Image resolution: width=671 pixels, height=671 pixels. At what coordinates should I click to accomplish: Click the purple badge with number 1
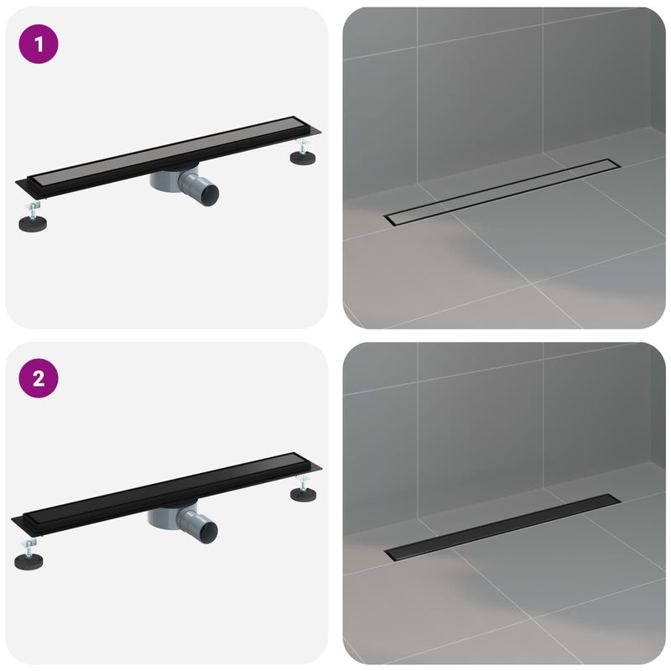point(39,44)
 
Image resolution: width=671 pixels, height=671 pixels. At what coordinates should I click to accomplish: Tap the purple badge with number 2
point(39,380)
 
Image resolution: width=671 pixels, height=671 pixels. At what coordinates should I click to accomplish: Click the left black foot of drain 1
point(34,224)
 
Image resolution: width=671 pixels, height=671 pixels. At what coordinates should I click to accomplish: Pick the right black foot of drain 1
point(303,157)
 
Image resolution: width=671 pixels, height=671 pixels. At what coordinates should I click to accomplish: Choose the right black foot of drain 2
point(303,494)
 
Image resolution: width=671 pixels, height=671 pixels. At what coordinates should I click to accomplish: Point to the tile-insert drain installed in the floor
point(502,190)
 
